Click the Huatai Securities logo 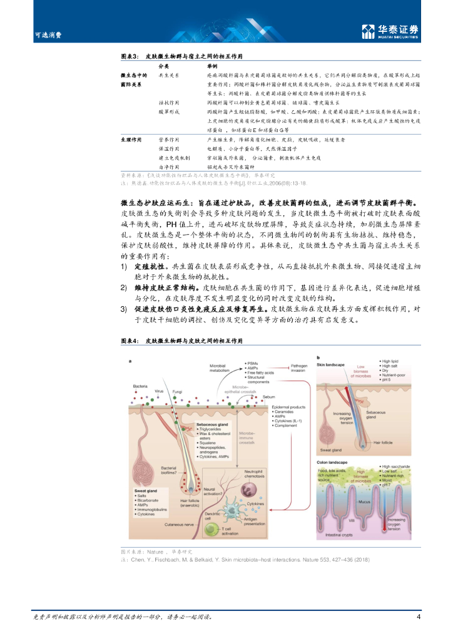[x=390, y=31]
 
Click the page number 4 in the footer [x=418, y=617]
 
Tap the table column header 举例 [x=213, y=66]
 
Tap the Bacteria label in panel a [x=141, y=386]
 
